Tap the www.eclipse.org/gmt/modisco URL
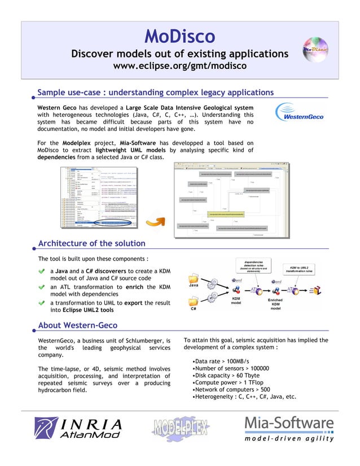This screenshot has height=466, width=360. coord(179,67)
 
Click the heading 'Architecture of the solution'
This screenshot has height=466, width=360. coord(91,244)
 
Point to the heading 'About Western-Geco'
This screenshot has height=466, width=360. coord(77,325)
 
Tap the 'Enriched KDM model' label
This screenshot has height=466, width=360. coord(275,304)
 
